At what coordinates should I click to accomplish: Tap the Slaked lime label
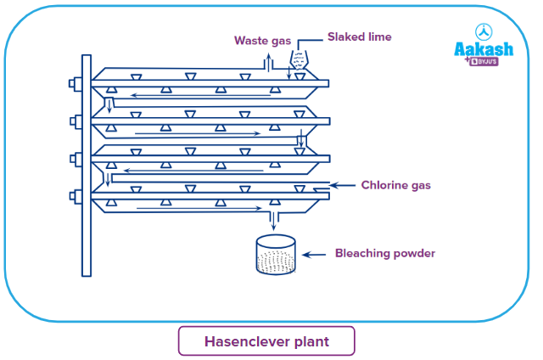(x=360, y=37)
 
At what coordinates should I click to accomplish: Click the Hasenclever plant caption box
(x=266, y=341)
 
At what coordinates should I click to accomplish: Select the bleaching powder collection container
(x=276, y=255)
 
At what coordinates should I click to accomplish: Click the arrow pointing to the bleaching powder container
(x=314, y=254)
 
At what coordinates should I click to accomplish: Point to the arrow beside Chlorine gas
(x=344, y=184)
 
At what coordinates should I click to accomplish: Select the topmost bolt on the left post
(x=74, y=84)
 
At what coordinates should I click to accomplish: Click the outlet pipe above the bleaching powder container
(x=273, y=221)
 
